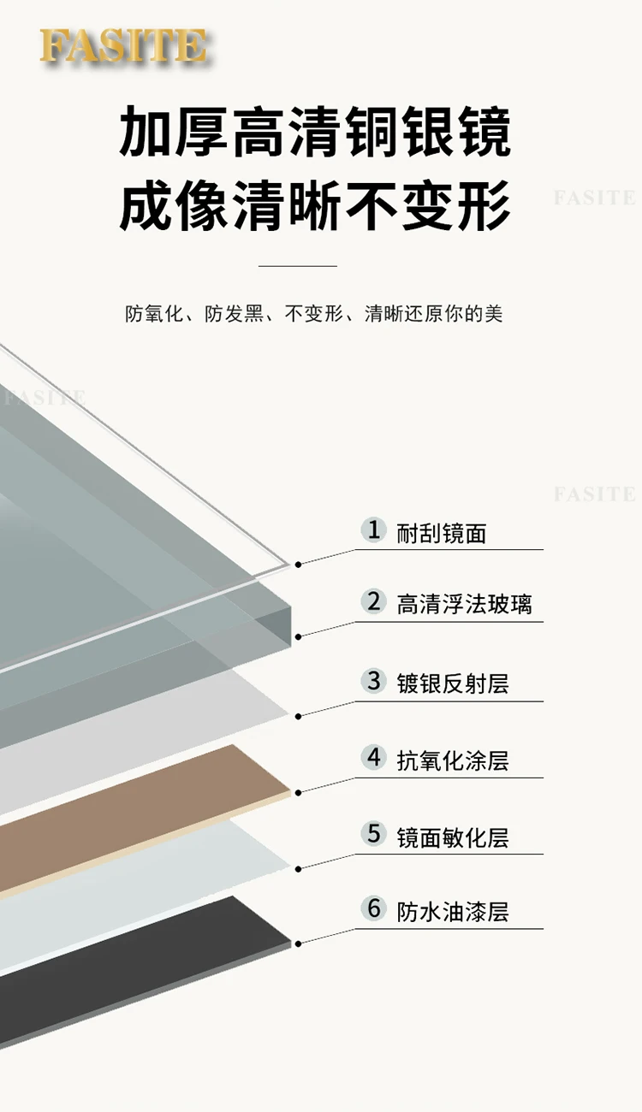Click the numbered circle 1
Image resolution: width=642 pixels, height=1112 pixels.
point(373,529)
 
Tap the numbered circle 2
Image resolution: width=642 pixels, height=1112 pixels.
point(373,601)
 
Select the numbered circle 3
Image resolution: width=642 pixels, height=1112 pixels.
point(373,681)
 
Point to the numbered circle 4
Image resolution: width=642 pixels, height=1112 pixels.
point(373,757)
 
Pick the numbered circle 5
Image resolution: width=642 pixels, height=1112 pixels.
point(373,833)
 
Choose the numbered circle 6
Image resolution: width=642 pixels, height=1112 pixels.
point(373,908)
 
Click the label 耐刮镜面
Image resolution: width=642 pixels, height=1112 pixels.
point(442,534)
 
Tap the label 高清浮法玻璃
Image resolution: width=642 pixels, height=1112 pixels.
point(464,605)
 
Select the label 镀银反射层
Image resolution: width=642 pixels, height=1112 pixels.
point(453,683)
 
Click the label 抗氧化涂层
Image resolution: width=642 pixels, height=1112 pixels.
point(453,760)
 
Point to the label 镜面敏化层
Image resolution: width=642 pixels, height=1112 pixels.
point(453,837)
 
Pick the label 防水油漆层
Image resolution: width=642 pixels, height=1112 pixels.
point(453,911)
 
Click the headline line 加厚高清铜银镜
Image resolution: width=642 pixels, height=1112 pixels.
point(315,133)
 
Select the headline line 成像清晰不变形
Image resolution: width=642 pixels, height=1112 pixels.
point(315,205)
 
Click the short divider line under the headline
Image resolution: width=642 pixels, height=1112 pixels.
point(298,266)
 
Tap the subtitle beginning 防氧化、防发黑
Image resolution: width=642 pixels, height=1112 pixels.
point(314,314)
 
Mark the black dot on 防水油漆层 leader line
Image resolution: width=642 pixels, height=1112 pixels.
point(298,943)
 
